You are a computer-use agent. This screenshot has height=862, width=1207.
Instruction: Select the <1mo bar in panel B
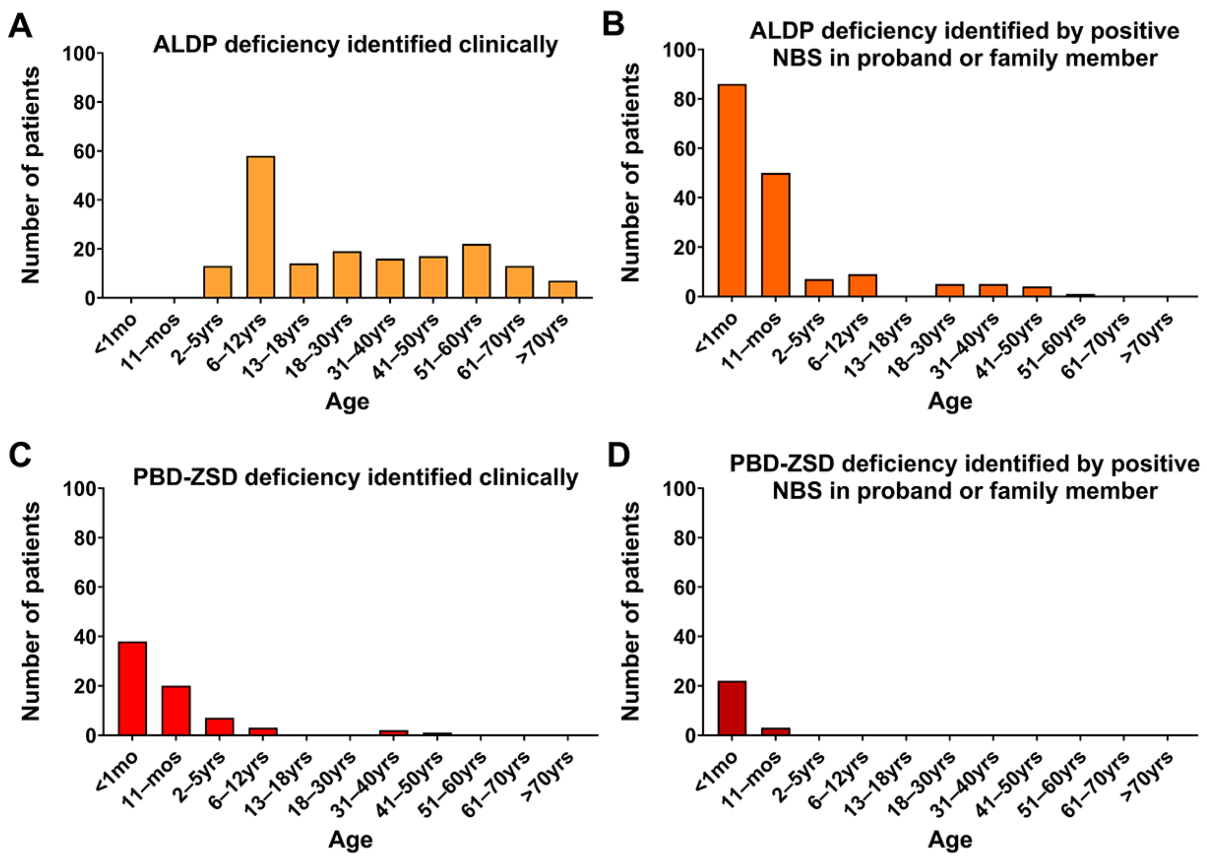pos(732,190)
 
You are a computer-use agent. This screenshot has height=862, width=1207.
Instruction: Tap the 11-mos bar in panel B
pos(775,235)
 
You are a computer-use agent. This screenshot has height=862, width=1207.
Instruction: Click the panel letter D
pos(618,455)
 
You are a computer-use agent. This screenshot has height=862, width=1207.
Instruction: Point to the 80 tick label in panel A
pos(84,102)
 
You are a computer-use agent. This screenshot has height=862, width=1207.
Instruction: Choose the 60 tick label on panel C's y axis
pos(84,587)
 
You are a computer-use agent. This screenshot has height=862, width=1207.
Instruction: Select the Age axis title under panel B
pos(950,401)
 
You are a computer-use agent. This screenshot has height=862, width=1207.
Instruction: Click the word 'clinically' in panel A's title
pos(508,45)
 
